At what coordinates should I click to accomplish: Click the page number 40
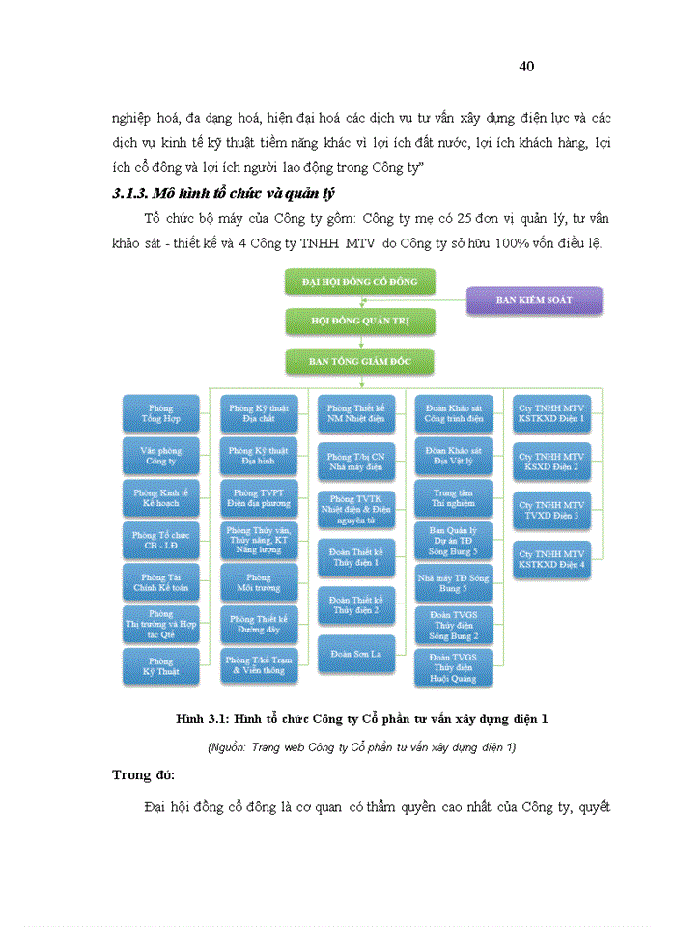click(x=526, y=67)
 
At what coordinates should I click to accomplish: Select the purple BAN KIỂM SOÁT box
click(x=534, y=300)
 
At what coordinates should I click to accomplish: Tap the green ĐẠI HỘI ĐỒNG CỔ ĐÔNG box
click(x=360, y=281)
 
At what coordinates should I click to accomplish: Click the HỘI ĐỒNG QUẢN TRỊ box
click(x=360, y=321)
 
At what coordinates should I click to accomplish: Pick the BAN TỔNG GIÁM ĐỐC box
click(x=360, y=360)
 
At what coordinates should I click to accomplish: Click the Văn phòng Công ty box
click(x=162, y=456)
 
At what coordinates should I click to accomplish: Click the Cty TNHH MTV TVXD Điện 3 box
click(x=551, y=510)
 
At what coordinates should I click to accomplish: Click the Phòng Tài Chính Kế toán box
click(x=162, y=582)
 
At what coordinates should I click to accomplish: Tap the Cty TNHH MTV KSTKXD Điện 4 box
click(x=551, y=559)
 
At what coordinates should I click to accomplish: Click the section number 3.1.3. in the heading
click(x=135, y=194)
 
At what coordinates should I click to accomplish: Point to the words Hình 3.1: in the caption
click(x=201, y=719)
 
